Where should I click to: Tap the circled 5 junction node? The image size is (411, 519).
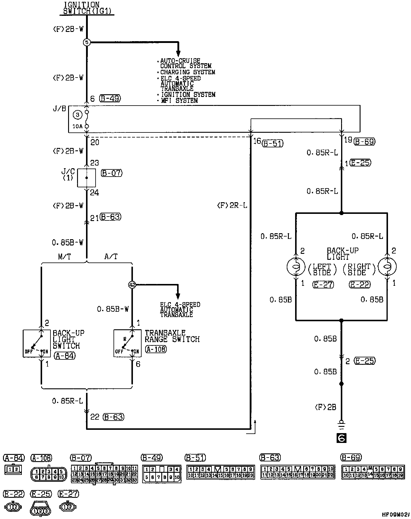tap(86, 43)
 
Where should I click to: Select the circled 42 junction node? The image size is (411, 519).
tap(132, 285)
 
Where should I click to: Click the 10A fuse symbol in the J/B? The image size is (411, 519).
tap(87, 119)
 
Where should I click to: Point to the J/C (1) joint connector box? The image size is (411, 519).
tap(87, 178)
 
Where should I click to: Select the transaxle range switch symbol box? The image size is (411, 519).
tap(128, 343)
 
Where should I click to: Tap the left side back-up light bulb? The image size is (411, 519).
tap(296, 266)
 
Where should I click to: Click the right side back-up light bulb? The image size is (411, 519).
tap(387, 266)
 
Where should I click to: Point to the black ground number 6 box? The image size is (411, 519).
tap(341, 438)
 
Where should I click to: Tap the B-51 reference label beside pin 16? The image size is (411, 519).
tap(272, 143)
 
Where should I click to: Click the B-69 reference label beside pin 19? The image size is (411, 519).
tap(364, 142)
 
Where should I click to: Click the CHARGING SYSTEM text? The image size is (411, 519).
tap(188, 72)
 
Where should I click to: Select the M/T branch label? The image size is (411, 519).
tap(65, 257)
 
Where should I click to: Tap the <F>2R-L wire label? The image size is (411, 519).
tap(232, 206)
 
